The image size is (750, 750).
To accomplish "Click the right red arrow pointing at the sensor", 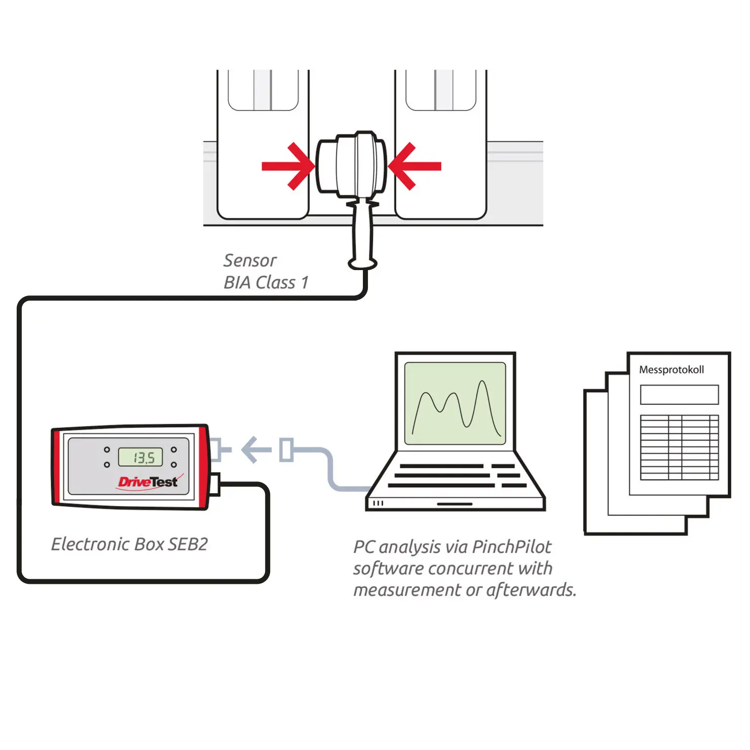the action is coord(415,166).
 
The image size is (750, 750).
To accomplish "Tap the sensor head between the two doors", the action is coord(351,165).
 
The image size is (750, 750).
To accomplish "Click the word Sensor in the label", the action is coord(250,260).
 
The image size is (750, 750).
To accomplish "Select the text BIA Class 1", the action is coord(266,282).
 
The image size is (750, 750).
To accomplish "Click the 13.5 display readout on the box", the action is coord(141,457).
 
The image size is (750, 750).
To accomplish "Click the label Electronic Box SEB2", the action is coord(130,544).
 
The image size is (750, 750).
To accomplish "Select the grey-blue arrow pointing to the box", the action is coord(256,449).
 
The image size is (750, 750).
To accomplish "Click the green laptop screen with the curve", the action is coord(455,403).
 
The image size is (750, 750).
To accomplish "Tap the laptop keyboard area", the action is coord(456,475).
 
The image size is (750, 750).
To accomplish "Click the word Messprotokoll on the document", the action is coord(671,370).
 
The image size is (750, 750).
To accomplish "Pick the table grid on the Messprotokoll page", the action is coord(680,447).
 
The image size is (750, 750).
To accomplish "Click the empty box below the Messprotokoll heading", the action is coord(680,395).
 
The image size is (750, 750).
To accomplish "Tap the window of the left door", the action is coord(263,90).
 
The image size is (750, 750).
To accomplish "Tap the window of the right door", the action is coord(441,90).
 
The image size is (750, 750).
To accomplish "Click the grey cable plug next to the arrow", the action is coord(286,450).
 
